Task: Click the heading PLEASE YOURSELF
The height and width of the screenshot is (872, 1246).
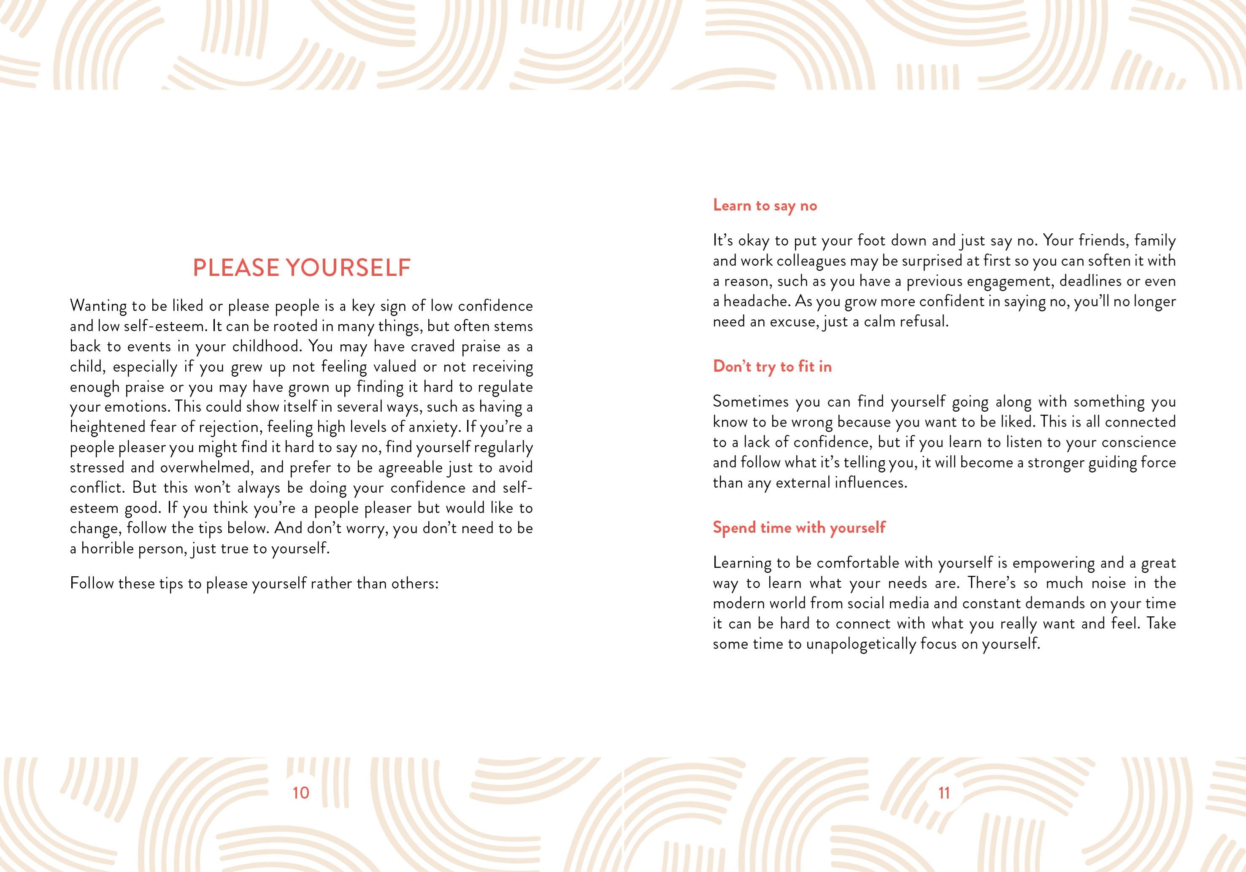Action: coord(302,268)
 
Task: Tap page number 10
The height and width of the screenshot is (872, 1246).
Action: coord(301,793)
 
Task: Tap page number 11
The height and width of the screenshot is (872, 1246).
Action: coord(944,793)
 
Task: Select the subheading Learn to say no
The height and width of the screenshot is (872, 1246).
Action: coord(765,205)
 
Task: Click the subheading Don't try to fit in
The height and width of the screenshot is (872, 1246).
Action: coord(772,367)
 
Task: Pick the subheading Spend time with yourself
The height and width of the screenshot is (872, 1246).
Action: coord(799,527)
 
